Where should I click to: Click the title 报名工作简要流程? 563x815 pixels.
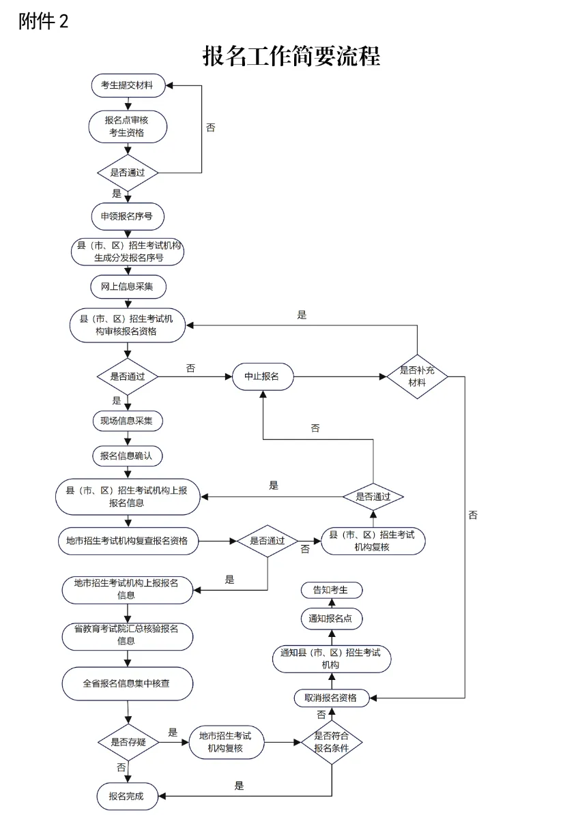[291, 56]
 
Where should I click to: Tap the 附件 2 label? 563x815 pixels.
[44, 22]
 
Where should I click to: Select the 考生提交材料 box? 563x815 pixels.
[128, 86]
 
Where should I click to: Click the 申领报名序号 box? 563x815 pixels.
[128, 216]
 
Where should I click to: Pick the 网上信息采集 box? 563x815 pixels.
[128, 286]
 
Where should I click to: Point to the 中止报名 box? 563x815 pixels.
[263, 376]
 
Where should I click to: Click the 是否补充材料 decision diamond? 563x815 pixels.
[417, 376]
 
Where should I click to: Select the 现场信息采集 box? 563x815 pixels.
[128, 421]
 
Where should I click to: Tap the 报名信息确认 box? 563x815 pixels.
[128, 456]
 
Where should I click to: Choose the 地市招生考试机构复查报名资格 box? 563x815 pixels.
[128, 541]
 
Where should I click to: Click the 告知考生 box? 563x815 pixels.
[331, 590]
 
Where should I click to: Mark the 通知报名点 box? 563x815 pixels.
[331, 619]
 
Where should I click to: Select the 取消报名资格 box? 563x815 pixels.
[331, 698]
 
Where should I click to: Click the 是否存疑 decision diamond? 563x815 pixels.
[128, 742]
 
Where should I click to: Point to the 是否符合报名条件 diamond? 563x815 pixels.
[332, 742]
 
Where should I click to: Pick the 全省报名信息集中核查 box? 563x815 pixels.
[128, 683]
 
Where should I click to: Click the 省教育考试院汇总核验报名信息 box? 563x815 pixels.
[128, 635]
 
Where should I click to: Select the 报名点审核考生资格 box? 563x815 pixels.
[128, 126]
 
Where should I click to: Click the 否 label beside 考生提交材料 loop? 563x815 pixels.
[210, 128]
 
